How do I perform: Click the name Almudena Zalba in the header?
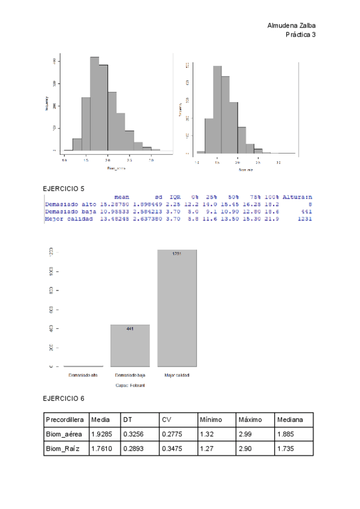point(291,26)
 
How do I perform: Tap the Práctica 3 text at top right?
point(301,35)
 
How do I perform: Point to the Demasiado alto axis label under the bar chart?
point(83,375)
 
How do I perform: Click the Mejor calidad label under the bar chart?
point(176,375)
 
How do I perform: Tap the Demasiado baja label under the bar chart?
point(130,375)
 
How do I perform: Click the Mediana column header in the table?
point(290,419)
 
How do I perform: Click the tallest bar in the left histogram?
point(95,103)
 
